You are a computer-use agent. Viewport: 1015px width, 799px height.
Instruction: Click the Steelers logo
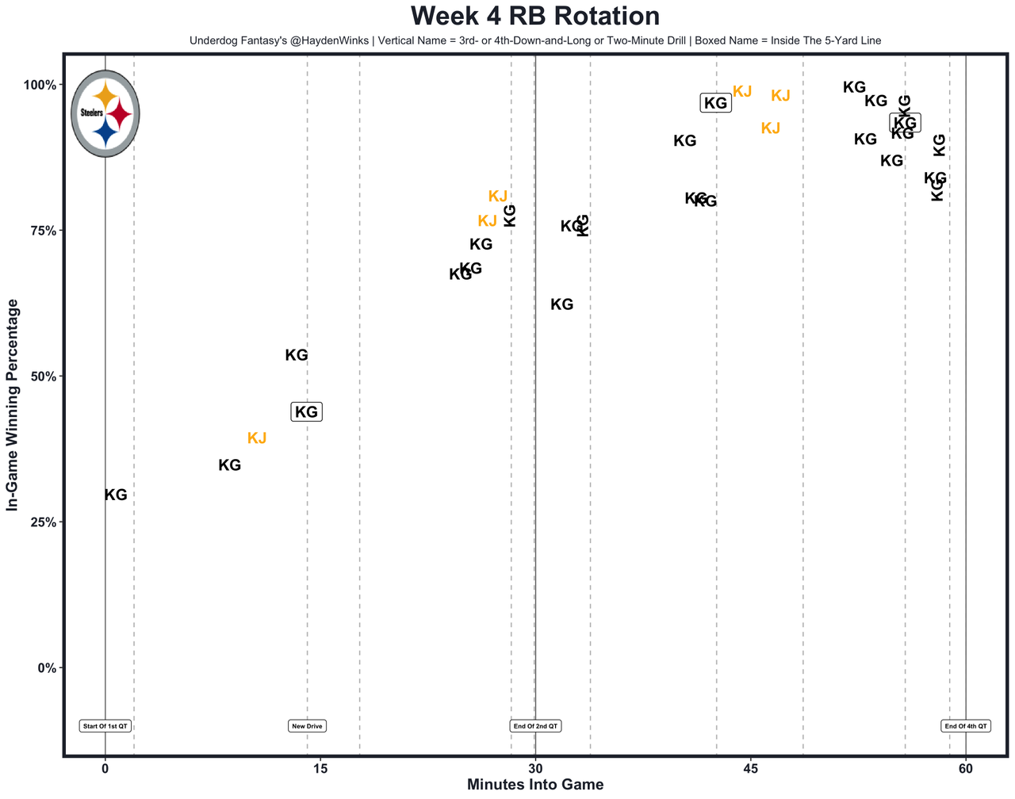105,113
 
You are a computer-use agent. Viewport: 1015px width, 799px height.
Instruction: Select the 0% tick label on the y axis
48,668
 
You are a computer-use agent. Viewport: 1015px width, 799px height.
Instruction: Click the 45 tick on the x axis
750,768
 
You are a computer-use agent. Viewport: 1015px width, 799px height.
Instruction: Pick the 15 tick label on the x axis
320,768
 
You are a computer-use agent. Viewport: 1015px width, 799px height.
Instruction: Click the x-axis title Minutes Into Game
535,785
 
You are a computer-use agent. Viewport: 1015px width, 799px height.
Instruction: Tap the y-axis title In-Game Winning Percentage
12,405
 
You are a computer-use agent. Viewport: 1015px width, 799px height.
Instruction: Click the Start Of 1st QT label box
105,726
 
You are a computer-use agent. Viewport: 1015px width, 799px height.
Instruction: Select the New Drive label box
308,726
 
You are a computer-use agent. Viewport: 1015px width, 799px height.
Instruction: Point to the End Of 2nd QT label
536,726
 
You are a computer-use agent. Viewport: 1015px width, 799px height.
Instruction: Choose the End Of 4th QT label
966,726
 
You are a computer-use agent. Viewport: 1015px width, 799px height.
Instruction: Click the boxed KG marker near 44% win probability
307,412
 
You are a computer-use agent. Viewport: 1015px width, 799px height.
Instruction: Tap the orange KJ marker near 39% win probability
257,438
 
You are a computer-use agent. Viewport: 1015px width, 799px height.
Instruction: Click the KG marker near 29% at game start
116,495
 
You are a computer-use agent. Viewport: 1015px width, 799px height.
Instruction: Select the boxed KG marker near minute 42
716,103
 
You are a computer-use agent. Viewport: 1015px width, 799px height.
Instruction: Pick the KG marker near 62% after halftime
562,304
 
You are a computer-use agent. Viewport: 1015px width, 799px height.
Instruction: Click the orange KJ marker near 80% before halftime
498,197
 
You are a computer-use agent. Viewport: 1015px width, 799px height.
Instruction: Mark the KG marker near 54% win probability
297,356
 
